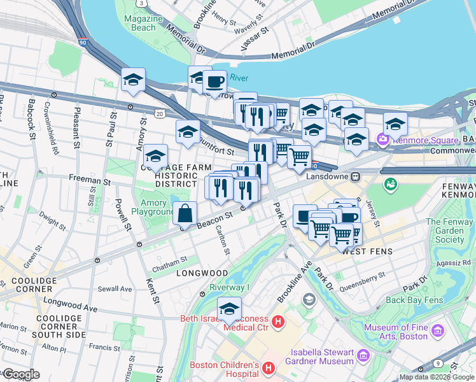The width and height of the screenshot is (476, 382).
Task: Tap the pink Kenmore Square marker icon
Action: [382, 139]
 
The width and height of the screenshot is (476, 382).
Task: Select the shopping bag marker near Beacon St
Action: [185, 213]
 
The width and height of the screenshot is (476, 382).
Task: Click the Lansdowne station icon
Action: [357, 176]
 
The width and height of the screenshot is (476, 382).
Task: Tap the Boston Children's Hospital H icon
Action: [269, 368]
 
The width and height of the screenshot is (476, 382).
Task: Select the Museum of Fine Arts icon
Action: [437, 331]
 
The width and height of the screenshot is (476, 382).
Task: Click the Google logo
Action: [21, 374]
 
